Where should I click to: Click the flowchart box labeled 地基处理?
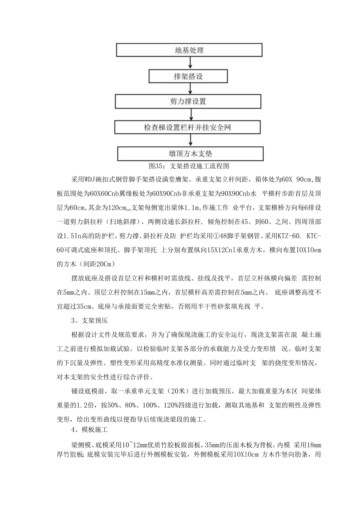[x=189, y=50]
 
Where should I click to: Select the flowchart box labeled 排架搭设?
[x=189, y=76]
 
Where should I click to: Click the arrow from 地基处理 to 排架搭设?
[x=190, y=63]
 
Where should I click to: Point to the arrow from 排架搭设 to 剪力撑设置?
[x=190, y=89]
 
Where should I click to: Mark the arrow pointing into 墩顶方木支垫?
[x=190, y=140]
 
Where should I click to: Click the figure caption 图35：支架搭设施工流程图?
[x=189, y=165]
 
